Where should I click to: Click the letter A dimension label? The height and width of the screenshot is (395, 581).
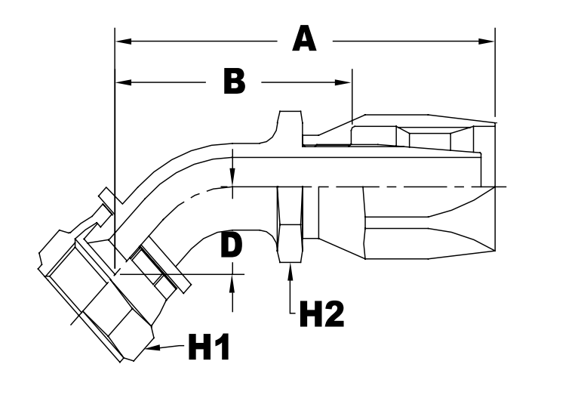pos(304,39)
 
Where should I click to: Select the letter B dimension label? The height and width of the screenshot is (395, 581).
pos(234,81)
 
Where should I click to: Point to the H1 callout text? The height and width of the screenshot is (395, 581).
pos(209,348)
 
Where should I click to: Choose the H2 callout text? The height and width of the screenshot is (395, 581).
pos(322,313)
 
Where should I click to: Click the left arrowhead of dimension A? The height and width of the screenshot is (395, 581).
pos(121,39)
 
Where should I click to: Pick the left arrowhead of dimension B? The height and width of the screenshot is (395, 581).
pos(121,81)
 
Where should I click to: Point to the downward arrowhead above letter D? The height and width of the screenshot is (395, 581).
pos(234,180)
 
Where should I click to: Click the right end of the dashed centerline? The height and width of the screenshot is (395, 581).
pos(504,186)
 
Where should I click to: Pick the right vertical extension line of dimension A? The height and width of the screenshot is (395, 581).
pos(495,76)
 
